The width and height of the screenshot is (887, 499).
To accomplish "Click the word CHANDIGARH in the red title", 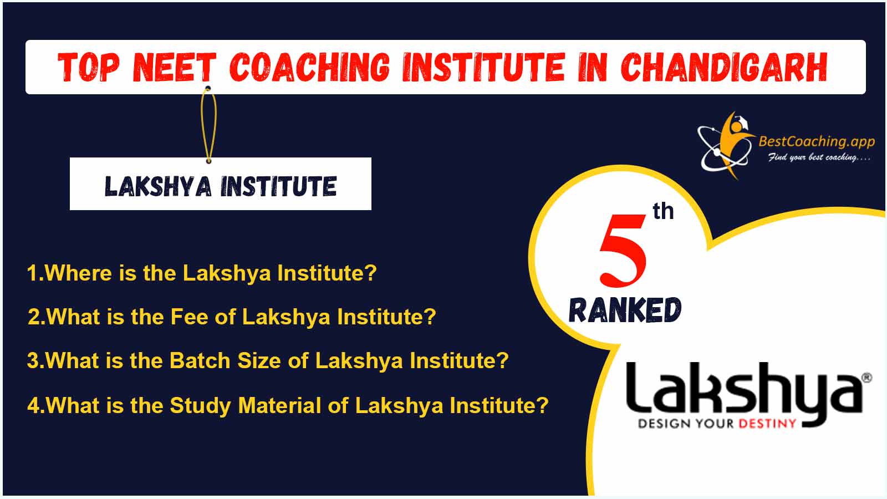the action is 724,67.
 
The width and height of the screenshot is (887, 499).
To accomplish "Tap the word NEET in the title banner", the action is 174,67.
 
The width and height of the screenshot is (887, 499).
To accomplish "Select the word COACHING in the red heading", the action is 310,67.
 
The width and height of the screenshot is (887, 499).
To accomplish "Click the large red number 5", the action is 623,250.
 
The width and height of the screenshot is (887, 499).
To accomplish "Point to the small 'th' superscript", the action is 663,211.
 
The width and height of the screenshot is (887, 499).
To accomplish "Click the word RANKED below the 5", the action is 625,310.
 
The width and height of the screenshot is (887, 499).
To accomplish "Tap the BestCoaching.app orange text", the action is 817,141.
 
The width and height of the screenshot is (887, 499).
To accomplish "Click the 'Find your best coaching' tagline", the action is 819,157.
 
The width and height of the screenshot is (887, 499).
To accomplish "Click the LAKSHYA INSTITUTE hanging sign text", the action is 221,186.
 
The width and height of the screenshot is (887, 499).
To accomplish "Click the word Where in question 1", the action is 78,273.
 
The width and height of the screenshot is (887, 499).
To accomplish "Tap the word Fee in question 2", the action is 189,317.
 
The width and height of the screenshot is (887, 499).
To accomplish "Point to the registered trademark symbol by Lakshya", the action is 866,378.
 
